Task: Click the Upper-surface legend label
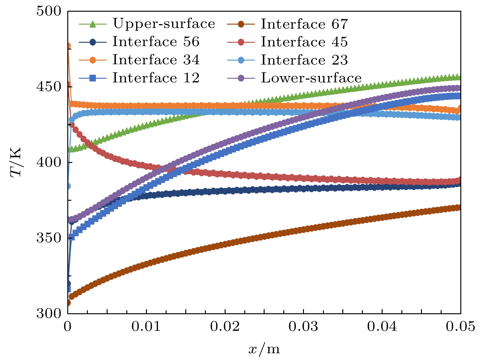(163, 24)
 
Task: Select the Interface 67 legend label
(304, 24)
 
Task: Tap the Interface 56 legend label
(156, 42)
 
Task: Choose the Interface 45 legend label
(304, 42)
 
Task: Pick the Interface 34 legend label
(156, 60)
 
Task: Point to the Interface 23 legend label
(304, 60)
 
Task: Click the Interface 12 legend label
(156, 78)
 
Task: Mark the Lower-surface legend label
(311, 78)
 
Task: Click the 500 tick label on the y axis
(49, 11)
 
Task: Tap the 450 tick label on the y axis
(49, 87)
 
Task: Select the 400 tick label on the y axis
(49, 162)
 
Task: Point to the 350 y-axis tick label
(49, 238)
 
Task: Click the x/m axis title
(264, 349)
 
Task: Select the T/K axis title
(16, 162)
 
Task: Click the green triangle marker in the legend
(93, 24)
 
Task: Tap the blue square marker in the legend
(93, 78)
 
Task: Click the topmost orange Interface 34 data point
(68, 46)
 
